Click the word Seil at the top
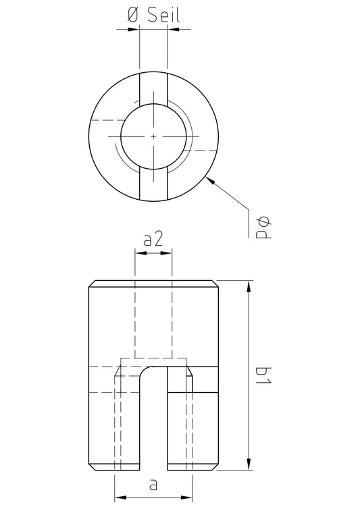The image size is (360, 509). point(163,15)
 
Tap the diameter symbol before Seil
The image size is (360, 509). point(133,16)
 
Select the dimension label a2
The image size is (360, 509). point(153,240)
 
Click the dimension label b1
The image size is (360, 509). point(263,375)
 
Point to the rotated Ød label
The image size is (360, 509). point(263,228)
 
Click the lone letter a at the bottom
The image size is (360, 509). point(153,485)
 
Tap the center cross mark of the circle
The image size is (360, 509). point(153,136)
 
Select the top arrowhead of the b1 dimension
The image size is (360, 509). point(249,287)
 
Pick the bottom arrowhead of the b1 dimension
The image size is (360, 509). point(249,463)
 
